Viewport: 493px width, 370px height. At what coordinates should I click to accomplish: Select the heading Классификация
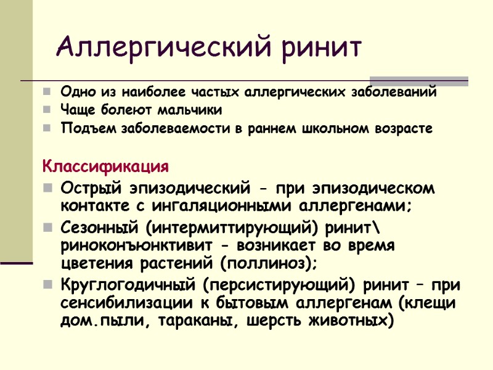pyautogui.click(x=105, y=167)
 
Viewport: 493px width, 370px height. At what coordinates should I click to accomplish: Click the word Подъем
pyautogui.click(x=81, y=129)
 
